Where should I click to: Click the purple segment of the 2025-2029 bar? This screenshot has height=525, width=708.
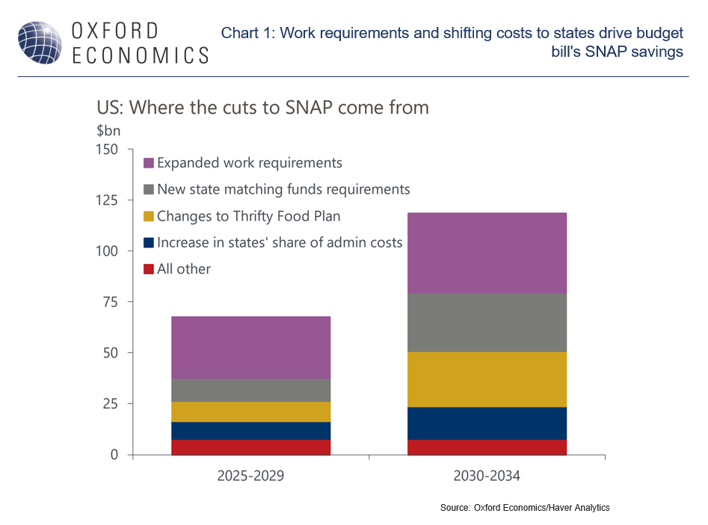coord(250,348)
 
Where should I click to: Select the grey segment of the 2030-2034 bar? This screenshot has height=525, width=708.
coord(487,322)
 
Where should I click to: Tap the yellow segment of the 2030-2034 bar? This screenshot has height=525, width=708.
coord(487,379)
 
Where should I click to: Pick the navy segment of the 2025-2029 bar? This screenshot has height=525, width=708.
coord(250,431)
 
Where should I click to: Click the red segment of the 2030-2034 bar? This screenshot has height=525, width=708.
coord(487,447)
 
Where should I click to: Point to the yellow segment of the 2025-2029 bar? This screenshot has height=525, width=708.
coord(250,412)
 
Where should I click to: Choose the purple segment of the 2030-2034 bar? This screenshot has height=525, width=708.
coord(487,253)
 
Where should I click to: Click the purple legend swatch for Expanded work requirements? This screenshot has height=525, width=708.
coord(149,163)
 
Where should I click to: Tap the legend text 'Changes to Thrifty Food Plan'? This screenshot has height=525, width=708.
coord(249,216)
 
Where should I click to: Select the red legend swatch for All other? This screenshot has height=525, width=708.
coord(149,269)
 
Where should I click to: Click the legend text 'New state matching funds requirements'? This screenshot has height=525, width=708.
coord(283,189)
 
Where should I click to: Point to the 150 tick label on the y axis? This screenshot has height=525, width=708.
coord(107,150)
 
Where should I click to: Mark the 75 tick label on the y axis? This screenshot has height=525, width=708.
coord(111,302)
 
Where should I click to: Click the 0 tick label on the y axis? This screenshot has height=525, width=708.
coord(114,455)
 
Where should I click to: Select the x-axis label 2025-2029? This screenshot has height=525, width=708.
coord(250,476)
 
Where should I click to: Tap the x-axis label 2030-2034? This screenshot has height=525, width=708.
coord(487,476)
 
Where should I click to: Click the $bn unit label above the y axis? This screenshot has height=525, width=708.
coord(108,131)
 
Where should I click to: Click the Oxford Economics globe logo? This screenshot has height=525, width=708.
coord(40,43)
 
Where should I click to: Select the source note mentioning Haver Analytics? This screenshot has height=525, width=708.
coord(525,508)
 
